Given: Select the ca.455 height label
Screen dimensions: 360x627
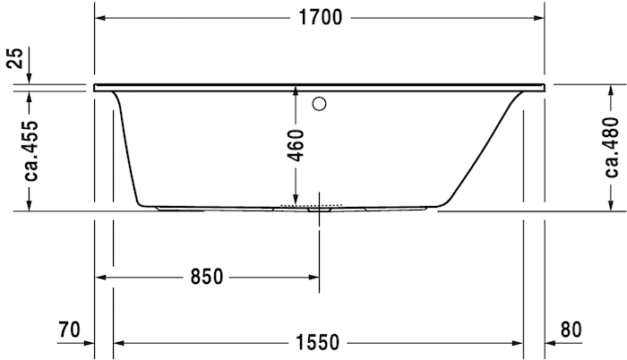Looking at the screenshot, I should pyautogui.click(x=30, y=149).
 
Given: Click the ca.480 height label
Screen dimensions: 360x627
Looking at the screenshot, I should pyautogui.click(x=612, y=147).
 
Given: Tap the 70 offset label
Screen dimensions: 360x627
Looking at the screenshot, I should pyautogui.click(x=69, y=330).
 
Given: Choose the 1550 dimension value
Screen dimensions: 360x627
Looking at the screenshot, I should pyautogui.click(x=317, y=341).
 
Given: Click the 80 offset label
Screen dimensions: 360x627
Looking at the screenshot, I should pyautogui.click(x=571, y=330).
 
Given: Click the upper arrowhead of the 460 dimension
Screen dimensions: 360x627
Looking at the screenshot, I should pyautogui.click(x=296, y=93).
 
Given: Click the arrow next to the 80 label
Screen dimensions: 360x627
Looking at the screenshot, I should pyautogui.click(x=552, y=341).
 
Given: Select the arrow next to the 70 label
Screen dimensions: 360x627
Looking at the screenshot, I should pyautogui.click(x=87, y=341).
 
